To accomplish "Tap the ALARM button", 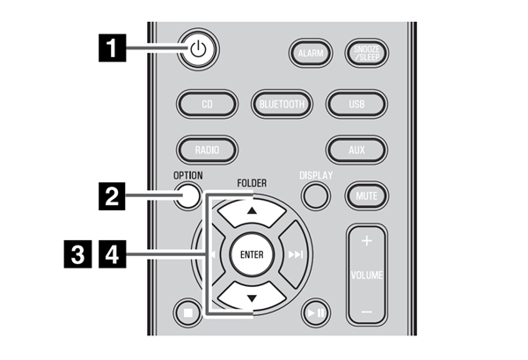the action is [x=311, y=53].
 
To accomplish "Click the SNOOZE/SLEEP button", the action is [x=367, y=53].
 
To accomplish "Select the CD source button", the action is [x=207, y=104].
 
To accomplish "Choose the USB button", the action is [x=356, y=104].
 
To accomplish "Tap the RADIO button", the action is [x=207, y=150].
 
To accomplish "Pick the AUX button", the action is [x=356, y=150].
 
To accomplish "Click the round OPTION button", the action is [x=187, y=195].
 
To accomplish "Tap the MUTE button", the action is [x=367, y=195].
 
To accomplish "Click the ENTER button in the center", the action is [x=252, y=254].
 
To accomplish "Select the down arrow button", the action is [x=252, y=297].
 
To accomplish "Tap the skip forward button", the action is [x=294, y=254].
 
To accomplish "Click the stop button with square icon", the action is [x=188, y=312].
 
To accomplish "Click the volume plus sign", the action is [x=366, y=241].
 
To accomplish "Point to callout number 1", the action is [x=112, y=48].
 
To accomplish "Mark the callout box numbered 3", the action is [x=77, y=254].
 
